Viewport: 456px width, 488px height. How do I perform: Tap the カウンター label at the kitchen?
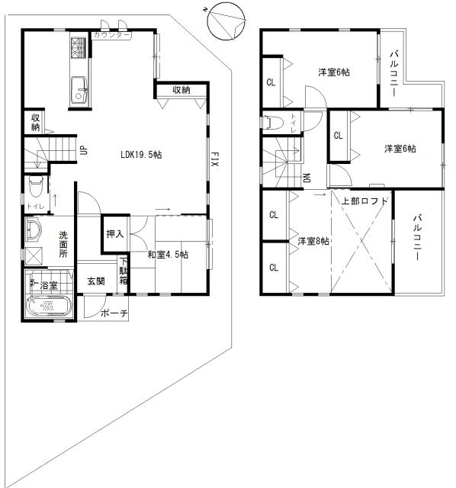(x=111, y=36)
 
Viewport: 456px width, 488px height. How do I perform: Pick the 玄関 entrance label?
(x=95, y=281)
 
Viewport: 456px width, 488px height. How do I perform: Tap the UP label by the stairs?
(x=84, y=151)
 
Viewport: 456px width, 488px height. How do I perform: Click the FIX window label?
(x=215, y=159)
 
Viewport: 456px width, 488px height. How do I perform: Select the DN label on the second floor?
(x=307, y=178)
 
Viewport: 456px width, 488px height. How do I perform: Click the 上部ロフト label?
(x=365, y=201)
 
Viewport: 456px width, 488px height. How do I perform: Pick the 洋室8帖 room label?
(x=313, y=242)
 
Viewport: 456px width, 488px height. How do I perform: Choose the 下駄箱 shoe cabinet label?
(x=124, y=272)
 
